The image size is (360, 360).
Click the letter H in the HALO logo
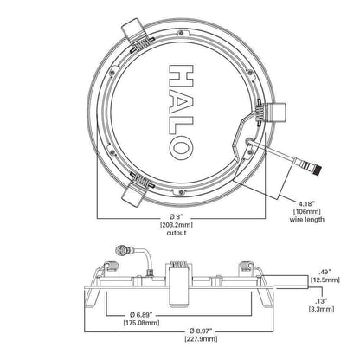pyautogui.click(x=181, y=75)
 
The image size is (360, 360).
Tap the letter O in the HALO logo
pyautogui.click(x=181, y=149)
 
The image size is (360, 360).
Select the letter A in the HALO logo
pyautogui.click(x=181, y=103)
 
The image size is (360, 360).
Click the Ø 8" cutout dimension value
pyautogui.click(x=177, y=216)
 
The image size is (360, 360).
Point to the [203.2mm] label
pyautogui.click(x=177, y=224)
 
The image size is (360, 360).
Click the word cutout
pyautogui.click(x=177, y=233)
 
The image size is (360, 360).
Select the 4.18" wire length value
pyautogui.click(x=305, y=204)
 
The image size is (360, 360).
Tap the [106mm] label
pyautogui.click(x=306, y=211)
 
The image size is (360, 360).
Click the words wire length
pyautogui.click(x=307, y=219)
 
